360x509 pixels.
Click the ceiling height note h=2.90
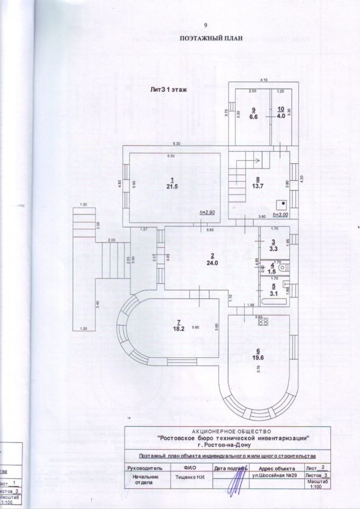pyautogui.click(x=207, y=212)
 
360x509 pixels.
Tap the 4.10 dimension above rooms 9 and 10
pyautogui.click(x=263, y=80)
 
